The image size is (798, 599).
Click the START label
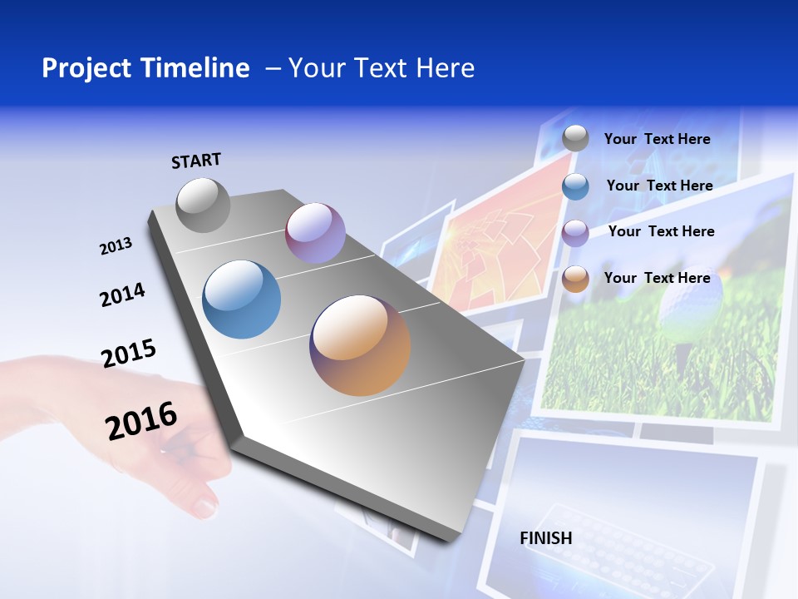(196, 161)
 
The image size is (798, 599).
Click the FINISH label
(546, 538)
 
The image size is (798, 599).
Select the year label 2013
(116, 246)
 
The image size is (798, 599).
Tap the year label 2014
(122, 295)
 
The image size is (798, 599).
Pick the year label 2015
(128, 354)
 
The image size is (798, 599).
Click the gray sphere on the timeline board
(204, 205)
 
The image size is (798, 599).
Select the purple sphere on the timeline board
(315, 233)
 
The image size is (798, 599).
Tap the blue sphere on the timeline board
(242, 299)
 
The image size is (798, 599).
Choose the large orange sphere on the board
(360, 345)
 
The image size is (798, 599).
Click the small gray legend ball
(575, 138)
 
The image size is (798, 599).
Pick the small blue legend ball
(575, 186)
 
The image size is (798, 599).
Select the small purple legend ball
(575, 233)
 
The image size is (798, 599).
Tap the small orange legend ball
(575, 280)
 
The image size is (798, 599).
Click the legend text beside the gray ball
(657, 139)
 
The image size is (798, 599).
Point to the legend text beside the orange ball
(657, 278)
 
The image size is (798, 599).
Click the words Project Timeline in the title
(145, 68)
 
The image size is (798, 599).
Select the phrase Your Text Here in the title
(382, 68)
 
